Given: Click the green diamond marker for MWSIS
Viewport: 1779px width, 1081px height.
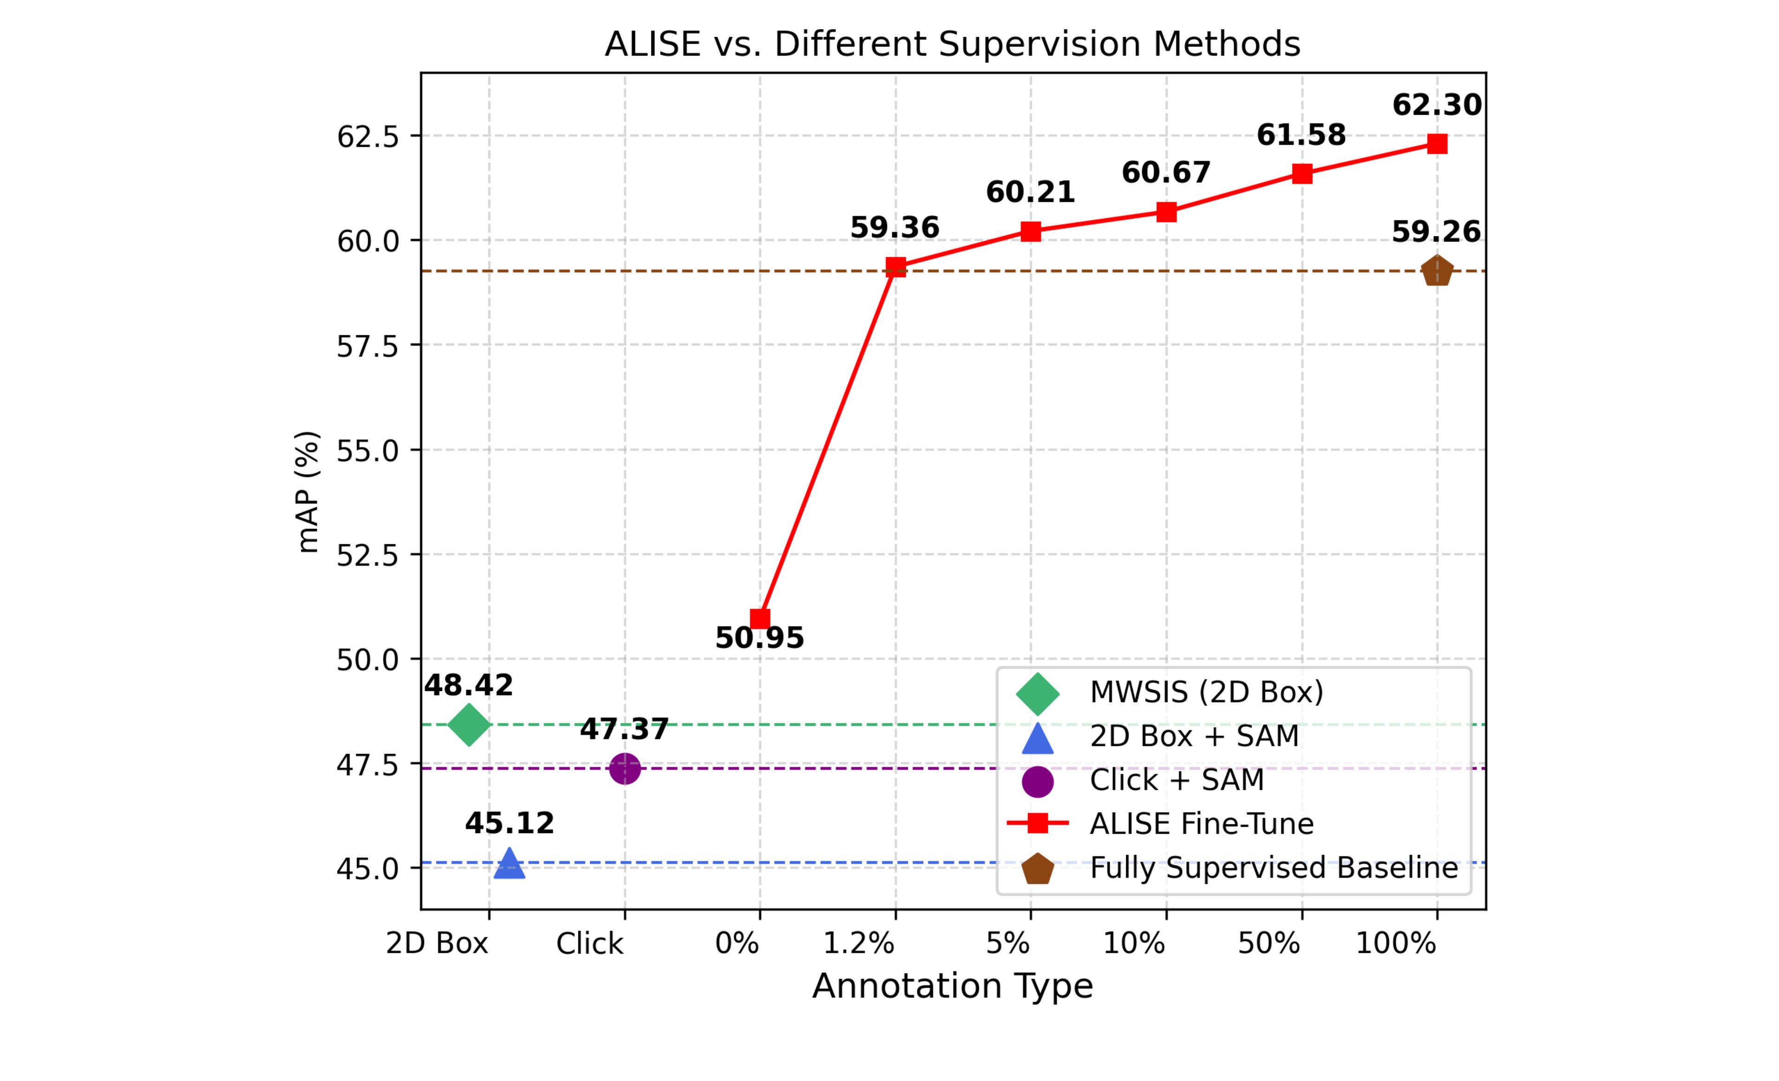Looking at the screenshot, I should tap(468, 725).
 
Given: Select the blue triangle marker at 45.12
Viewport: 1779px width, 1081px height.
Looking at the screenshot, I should tap(509, 864).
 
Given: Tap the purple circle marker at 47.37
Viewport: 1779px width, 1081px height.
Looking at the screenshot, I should tap(624, 768).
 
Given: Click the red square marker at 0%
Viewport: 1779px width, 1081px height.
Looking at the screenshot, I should tap(760, 619).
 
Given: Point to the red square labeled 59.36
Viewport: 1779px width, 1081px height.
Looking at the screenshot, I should tap(895, 267).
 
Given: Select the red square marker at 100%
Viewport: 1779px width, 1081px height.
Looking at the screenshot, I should tap(1437, 143).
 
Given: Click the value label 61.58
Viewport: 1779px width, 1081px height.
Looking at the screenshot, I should tap(1301, 135).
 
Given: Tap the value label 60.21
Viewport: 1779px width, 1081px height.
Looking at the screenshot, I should tap(1030, 192).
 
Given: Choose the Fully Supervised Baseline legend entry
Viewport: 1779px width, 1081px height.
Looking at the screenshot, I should tap(1273, 868).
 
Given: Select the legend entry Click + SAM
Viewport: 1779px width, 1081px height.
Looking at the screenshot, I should tap(1177, 780).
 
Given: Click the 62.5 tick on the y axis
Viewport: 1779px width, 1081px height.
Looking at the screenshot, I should tap(368, 137).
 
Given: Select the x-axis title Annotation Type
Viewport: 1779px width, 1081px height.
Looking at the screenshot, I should tap(952, 986).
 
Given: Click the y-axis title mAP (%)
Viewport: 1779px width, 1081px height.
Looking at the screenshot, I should tap(308, 492).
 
